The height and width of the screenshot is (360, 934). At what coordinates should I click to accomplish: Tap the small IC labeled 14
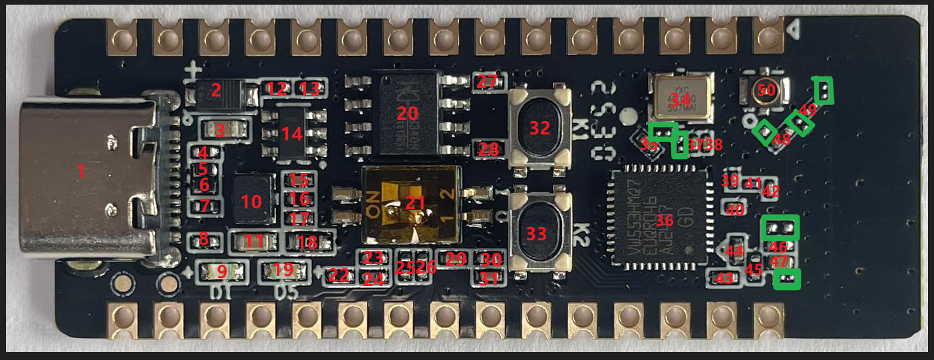tap(292, 133)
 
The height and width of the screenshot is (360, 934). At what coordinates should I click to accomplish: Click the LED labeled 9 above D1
tap(221, 271)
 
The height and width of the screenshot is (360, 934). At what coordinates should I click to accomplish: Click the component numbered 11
tap(253, 241)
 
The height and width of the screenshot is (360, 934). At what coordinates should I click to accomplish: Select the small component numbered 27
tap(487, 83)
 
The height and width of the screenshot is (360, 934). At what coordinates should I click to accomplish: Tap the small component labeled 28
tap(488, 149)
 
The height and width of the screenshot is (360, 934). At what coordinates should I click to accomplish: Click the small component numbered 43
tap(724, 278)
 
